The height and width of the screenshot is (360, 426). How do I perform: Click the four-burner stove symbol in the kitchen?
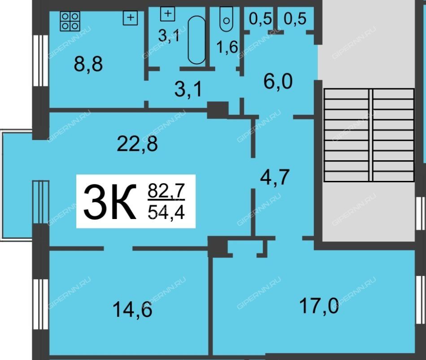pos(70,21)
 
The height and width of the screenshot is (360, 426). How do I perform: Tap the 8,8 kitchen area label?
pos(88,65)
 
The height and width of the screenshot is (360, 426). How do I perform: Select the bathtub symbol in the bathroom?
pos(197,40)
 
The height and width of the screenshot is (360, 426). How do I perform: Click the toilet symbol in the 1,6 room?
pos(226,19)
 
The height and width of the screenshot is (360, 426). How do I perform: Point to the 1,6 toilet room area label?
pos(227,47)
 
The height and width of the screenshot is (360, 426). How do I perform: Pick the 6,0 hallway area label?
pos(278,82)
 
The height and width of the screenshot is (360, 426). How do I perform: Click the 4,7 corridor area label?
pos(275,177)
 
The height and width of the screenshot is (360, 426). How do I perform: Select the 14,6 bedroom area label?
pos(132,310)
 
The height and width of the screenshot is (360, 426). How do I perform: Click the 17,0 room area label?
pos(319,306)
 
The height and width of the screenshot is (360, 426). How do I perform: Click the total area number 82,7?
pos(166,190)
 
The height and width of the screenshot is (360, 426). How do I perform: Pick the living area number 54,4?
pos(166,212)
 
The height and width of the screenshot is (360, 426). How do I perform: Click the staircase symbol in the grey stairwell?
pos(369,135)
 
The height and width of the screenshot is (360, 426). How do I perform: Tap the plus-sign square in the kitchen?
pos(130,18)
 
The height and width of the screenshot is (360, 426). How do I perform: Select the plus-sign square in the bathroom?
pos(168,13)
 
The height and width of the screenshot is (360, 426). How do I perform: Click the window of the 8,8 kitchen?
pos(41,61)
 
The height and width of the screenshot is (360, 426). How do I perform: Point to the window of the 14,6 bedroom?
pos(41,304)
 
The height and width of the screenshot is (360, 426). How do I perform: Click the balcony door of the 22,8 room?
pos(41,202)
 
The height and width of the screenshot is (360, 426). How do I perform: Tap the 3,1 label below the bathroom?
pos(188,90)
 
